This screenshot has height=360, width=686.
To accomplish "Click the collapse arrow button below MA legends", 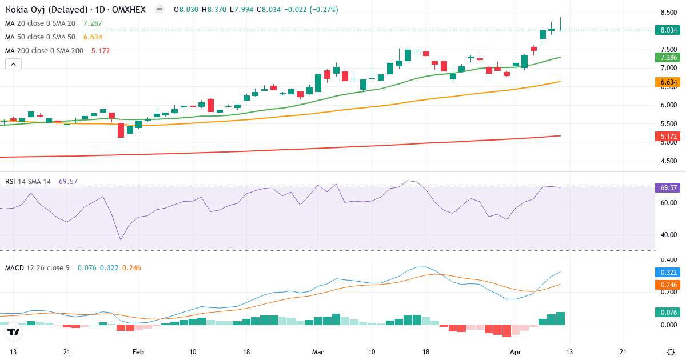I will (x=13, y=64).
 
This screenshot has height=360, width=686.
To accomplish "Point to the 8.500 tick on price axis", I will (x=668, y=13).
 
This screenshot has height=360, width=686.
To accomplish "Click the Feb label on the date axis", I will (x=138, y=352).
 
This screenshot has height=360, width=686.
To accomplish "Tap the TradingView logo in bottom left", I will (x=14, y=331).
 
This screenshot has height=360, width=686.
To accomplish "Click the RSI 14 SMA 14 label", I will (x=28, y=182).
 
